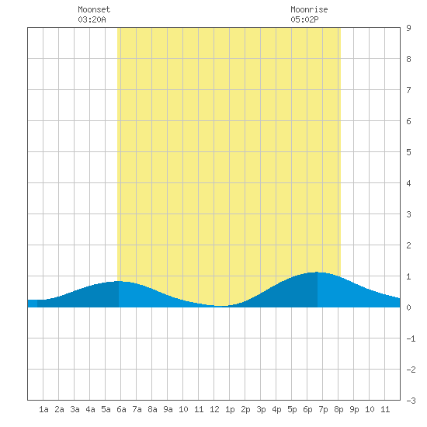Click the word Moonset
tap(94, 9)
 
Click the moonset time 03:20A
tap(92, 19)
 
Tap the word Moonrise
tap(309, 9)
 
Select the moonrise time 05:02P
tap(304, 19)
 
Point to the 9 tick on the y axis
tap(408, 28)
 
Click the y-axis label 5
tap(408, 152)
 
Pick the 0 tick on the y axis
tap(408, 307)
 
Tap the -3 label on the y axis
tap(411, 401)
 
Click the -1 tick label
tap(411, 338)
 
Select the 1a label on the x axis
tap(43, 409)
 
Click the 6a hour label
tap(121, 409)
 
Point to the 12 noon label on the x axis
tap(214, 409)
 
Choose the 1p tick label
tap(230, 409)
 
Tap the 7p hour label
tap(323, 409)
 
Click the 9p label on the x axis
tap(354, 409)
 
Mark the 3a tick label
tap(75, 409)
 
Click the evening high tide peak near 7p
tap(318, 272)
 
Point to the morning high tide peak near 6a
tap(119, 281)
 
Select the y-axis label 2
tap(408, 245)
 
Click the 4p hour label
tap(276, 409)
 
